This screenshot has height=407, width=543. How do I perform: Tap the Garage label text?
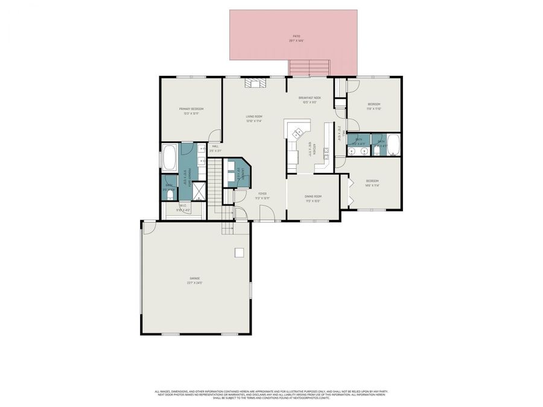pyautogui.click(x=194, y=280)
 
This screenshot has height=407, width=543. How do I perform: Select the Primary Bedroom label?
pyautogui.click(x=191, y=111)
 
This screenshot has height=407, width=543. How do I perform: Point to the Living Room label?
pyautogui.click(x=253, y=118)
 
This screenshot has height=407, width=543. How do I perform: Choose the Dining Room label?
pyautogui.click(x=313, y=198)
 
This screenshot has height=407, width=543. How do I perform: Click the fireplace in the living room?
pyautogui.click(x=254, y=83)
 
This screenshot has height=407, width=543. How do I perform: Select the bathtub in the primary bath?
pyautogui.click(x=170, y=158)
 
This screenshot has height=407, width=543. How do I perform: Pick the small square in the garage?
pyautogui.click(x=240, y=252)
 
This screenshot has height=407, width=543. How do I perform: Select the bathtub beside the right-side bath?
pyautogui.click(x=393, y=144)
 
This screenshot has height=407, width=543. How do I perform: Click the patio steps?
pyautogui.click(x=309, y=68)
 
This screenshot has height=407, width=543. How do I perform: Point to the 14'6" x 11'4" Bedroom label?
pyautogui.click(x=372, y=183)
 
